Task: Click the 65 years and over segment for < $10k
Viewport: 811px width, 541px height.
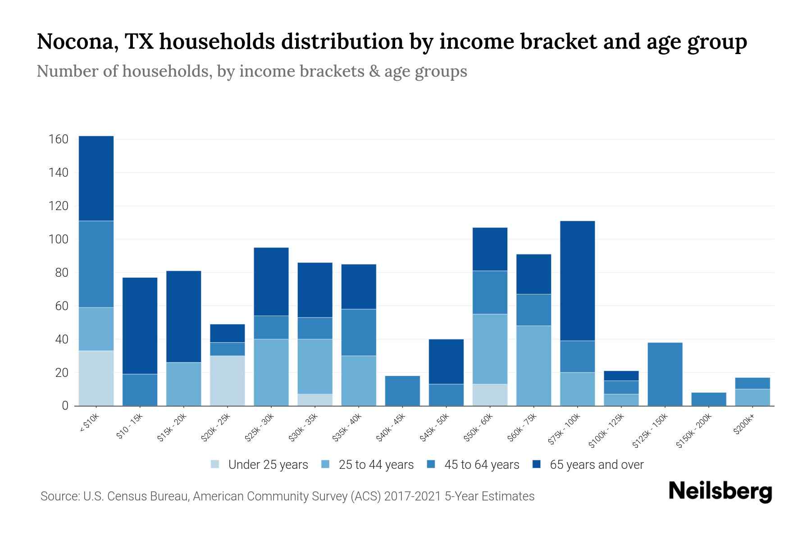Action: pyautogui.click(x=96, y=178)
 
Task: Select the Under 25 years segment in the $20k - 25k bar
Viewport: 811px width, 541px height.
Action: pyautogui.click(x=228, y=381)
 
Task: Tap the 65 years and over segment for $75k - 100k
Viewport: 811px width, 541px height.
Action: pyautogui.click(x=577, y=280)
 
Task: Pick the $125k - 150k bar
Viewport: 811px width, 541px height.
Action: pyautogui.click(x=665, y=374)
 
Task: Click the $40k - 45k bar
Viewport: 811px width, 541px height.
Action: pyautogui.click(x=402, y=390)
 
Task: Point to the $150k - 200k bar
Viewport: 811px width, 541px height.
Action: pyautogui.click(x=708, y=399)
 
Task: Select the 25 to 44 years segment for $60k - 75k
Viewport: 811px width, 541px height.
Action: pyautogui.click(x=533, y=366)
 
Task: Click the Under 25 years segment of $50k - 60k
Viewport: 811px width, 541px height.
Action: pyautogui.click(x=490, y=395)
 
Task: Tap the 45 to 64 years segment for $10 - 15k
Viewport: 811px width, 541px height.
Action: pyautogui.click(x=140, y=390)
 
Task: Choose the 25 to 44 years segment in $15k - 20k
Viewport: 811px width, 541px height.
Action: pyautogui.click(x=183, y=384)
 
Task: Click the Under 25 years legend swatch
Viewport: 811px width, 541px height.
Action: pyautogui.click(x=215, y=464)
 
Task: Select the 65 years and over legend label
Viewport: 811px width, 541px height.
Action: pyautogui.click(x=597, y=464)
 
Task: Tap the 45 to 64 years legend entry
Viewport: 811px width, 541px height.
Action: pyautogui.click(x=473, y=464)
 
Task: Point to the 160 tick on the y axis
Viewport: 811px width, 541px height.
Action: pyautogui.click(x=58, y=139)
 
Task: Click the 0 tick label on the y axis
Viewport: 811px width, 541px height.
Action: pyautogui.click(x=65, y=406)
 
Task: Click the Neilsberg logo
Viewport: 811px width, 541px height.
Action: pyautogui.click(x=720, y=491)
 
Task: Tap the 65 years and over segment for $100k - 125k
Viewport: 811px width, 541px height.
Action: pyautogui.click(x=621, y=376)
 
